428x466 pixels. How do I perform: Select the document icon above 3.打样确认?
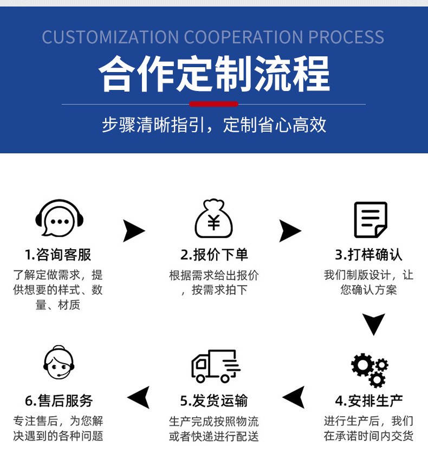[x=370, y=219]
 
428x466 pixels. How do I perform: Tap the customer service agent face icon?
[x=58, y=364]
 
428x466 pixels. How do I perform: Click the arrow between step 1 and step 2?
[x=133, y=231]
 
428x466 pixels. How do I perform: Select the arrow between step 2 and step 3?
[x=290, y=231]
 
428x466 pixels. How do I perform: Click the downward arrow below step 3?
[x=373, y=324]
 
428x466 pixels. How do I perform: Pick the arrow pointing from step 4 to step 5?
[x=294, y=398]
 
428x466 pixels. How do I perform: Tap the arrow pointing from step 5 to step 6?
[x=138, y=398]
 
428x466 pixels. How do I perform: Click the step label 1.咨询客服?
[x=58, y=254]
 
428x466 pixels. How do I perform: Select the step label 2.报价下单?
[x=214, y=254]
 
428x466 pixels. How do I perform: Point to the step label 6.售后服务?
[x=59, y=401]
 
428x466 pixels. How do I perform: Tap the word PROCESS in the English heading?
[x=346, y=37]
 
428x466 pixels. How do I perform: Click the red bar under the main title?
[x=213, y=104]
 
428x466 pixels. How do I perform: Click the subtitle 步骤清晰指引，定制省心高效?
[x=214, y=125]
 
